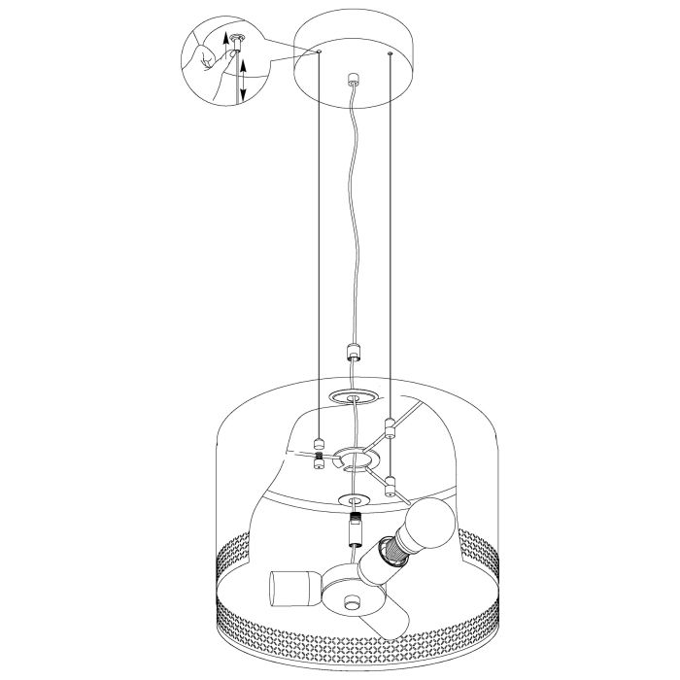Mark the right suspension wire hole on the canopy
tap(390, 55)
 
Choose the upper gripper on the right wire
tap(390, 425)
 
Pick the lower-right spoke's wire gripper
tap(390, 485)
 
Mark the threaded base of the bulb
tap(393, 552)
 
